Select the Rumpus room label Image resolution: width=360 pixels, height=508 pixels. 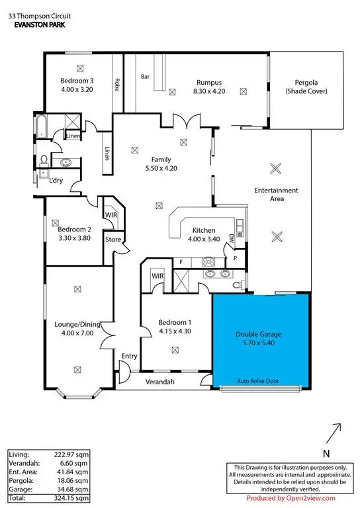tap(207, 82)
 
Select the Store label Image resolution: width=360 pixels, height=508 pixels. tap(112, 239)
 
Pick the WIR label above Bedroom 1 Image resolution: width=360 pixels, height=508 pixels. tap(157, 275)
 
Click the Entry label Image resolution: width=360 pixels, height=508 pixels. tap(129, 357)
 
